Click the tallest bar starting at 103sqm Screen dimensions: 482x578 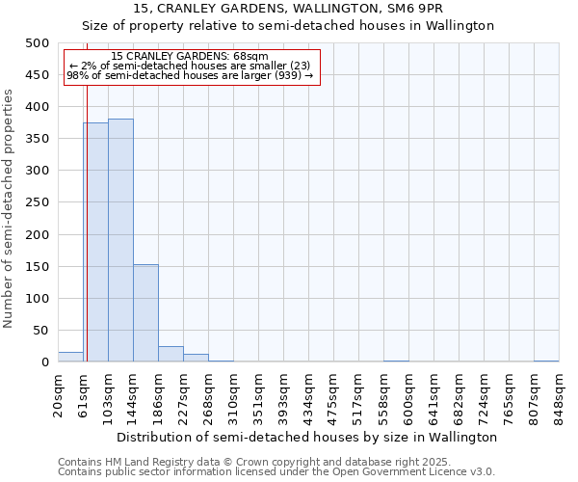[120, 240]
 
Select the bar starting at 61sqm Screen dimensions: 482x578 [95, 242]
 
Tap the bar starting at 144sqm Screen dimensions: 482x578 [145, 313]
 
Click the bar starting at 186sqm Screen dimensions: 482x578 [171, 354]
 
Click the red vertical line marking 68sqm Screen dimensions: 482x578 [87, 222]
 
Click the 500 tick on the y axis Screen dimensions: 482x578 [38, 43]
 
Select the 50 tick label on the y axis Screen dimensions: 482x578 [41, 331]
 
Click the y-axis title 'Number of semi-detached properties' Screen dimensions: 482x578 [10, 208]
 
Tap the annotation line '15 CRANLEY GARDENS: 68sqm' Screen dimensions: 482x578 [190, 57]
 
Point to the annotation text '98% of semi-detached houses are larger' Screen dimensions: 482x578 [190, 75]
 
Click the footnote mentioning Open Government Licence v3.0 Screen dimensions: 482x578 [276, 472]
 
